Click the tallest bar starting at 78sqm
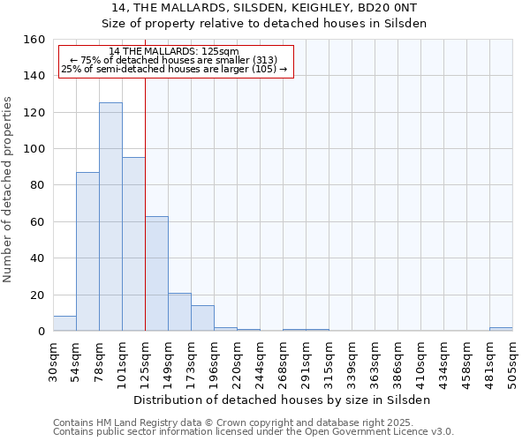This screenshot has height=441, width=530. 110,217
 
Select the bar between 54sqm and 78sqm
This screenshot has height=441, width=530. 87,251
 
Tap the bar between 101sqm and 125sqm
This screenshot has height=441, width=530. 133,244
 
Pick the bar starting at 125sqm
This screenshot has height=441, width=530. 156,273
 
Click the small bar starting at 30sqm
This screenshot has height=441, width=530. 64,324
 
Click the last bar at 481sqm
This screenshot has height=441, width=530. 501,329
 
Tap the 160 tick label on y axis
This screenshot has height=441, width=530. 34,40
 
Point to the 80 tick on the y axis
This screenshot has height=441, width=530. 38,185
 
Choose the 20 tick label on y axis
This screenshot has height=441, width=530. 38,295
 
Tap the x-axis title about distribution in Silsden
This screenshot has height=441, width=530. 283,400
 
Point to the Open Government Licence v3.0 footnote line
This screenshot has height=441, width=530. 254,432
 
